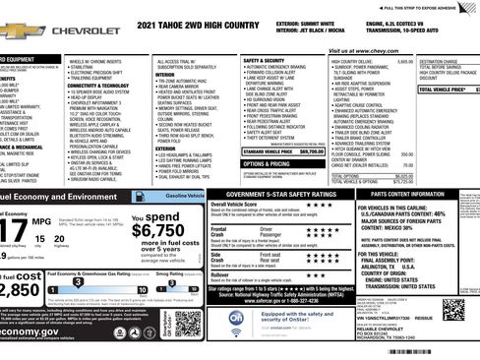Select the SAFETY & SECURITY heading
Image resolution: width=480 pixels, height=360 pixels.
(x=265, y=61)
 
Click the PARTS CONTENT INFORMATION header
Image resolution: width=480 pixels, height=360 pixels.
(x=420, y=196)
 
